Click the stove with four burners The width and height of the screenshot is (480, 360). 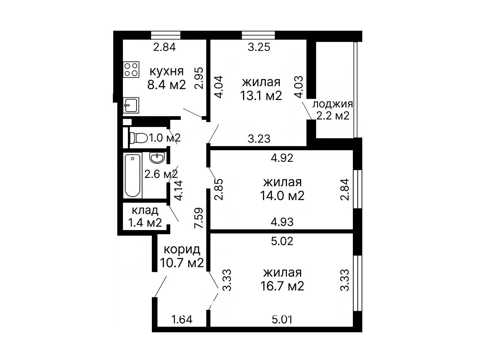tap(131, 69)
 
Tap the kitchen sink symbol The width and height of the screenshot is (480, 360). tap(131, 105)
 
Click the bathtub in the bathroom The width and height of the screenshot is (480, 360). tap(132, 175)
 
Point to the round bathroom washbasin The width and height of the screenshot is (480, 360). tap(157, 157)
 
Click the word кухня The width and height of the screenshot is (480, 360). tap(166, 72)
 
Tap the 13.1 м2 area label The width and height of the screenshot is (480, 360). tap(261, 96)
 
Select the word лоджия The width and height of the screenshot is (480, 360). tap(333, 104)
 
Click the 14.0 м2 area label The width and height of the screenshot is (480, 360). tap(282, 196)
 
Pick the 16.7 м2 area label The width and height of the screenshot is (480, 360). tap(282, 286)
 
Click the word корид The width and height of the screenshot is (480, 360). tap(182, 249)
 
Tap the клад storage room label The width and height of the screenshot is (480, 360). tap(145, 211)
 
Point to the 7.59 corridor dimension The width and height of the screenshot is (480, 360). tap(199, 218)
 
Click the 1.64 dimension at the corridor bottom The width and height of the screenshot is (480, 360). tap(182, 320)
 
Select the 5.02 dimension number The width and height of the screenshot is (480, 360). tap(282, 241)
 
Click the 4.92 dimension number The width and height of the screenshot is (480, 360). tap(282, 158)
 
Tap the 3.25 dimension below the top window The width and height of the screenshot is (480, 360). tap(259, 47)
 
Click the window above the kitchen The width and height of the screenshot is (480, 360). tap(166, 35)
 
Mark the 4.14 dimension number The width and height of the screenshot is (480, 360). tap(178, 190)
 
